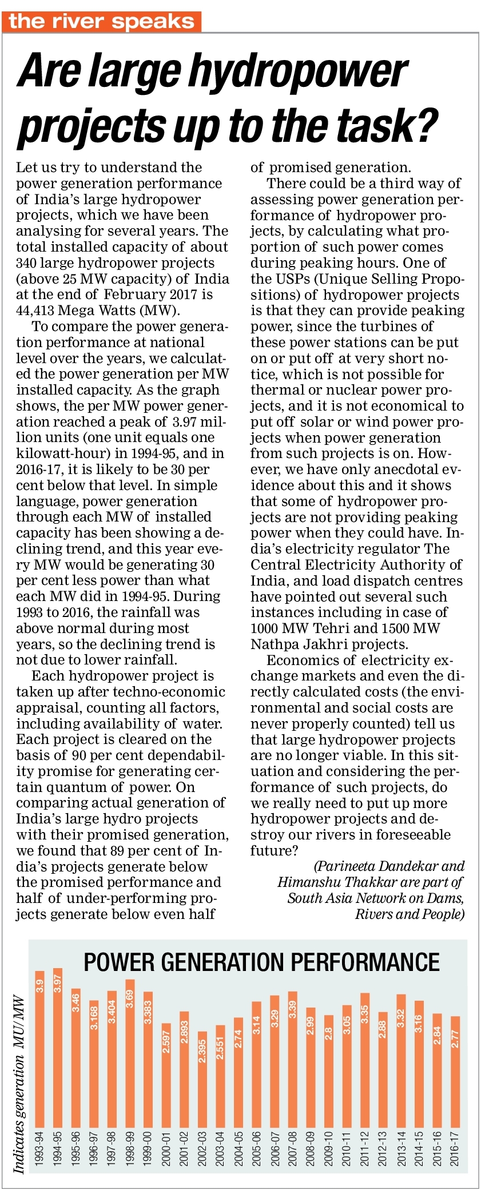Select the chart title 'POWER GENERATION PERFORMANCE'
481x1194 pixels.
[261, 962]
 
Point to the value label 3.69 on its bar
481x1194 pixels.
[130, 998]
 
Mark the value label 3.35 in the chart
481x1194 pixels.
[364, 1014]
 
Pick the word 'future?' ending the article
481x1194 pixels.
[274, 850]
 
